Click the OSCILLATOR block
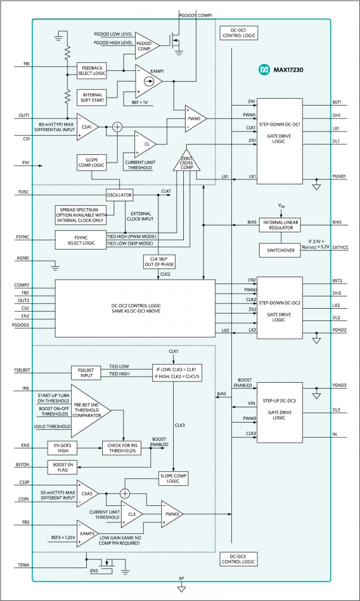[x=120, y=195]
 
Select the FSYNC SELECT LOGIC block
[x=80, y=239]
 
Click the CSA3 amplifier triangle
[x=88, y=494]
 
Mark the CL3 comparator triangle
[x=132, y=514]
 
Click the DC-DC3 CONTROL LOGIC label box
[x=238, y=559]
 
